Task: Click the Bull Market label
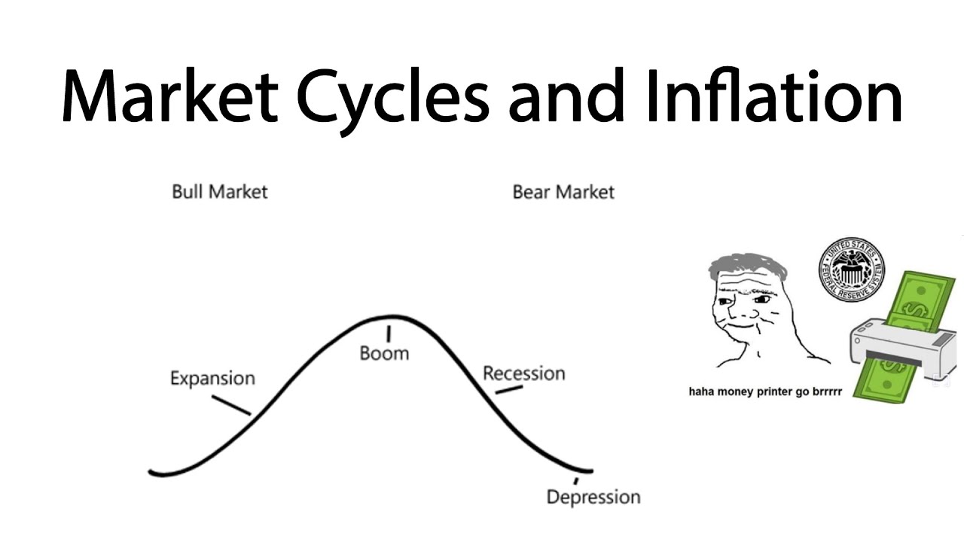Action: point(219,191)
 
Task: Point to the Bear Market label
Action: point(563,192)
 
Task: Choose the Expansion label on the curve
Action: point(212,378)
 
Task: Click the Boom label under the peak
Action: point(384,353)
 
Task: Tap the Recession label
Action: point(523,373)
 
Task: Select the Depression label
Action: point(593,497)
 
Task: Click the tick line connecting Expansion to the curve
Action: point(231,405)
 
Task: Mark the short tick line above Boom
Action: point(389,333)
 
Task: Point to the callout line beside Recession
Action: point(509,390)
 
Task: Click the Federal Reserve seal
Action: point(851,269)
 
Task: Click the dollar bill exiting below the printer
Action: point(892,380)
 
